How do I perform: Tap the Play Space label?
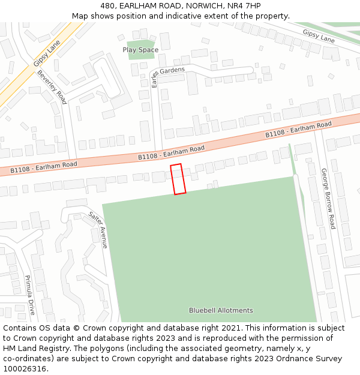point(140,50)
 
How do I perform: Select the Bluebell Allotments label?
point(221,310)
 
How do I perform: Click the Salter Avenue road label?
point(98,230)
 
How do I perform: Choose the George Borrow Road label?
point(328,199)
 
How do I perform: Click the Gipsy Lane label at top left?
point(46,52)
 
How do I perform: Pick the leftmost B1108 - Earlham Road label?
point(44,167)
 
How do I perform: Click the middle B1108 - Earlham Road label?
point(172,152)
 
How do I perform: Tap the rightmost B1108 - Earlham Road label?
point(299,130)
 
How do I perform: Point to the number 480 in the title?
point(107,6)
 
